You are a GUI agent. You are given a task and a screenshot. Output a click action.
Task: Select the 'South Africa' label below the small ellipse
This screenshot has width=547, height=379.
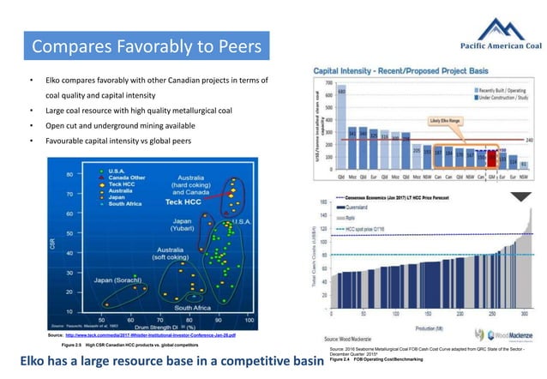[193, 307]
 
